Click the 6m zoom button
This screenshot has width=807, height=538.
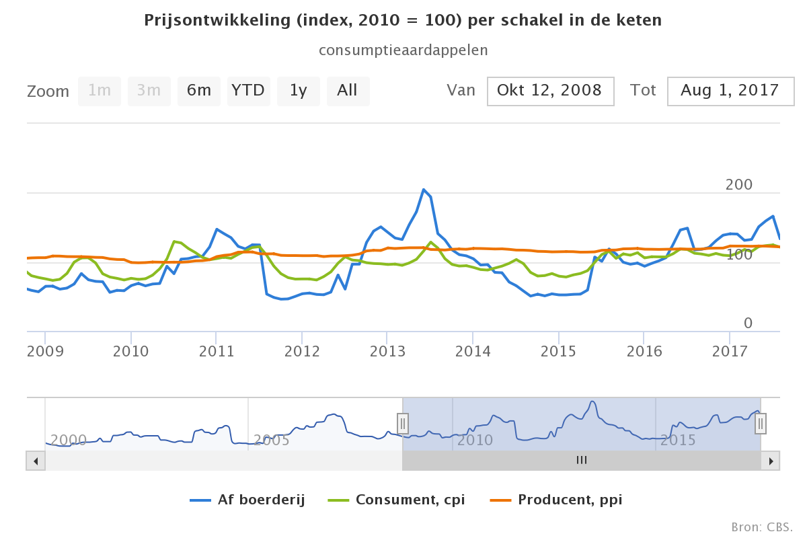[199, 91]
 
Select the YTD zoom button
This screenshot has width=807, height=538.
[248, 91]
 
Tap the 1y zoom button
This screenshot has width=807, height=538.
[298, 91]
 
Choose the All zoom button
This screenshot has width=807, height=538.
[348, 91]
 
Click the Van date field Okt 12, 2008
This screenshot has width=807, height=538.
[550, 91]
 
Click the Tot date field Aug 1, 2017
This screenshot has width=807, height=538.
[730, 91]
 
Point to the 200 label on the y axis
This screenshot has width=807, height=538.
[738, 185]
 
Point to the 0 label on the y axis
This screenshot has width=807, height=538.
[748, 323]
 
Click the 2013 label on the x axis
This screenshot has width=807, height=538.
[387, 351]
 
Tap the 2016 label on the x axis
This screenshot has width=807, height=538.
[644, 351]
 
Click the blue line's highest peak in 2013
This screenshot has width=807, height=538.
[424, 190]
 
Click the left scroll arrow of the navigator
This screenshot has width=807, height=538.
[36, 461]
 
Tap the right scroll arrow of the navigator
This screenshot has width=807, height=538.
[771, 461]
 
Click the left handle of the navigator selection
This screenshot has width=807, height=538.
[402, 423]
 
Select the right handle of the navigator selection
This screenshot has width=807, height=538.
[761, 423]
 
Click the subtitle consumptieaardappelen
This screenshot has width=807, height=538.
[403, 50]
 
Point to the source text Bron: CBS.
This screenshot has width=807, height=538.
[762, 526]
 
